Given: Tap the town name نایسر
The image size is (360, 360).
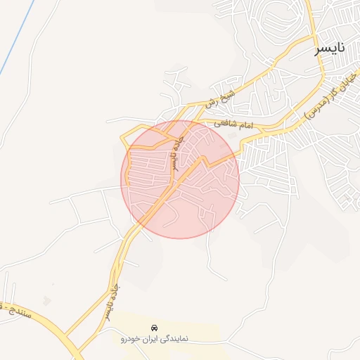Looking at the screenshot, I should tap(330, 48).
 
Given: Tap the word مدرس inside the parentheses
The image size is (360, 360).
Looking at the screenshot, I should tap(313, 105).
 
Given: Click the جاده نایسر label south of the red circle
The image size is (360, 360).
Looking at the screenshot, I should tap(112, 301).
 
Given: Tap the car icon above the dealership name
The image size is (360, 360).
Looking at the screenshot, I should tap(154, 328).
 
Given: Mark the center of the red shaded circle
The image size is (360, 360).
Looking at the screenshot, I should tap(181, 179).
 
